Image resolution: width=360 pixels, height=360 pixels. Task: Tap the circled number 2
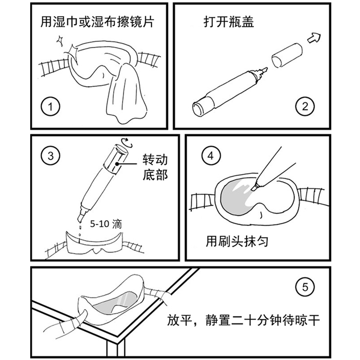point(305,107)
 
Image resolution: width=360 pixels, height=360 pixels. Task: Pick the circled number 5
point(306,287)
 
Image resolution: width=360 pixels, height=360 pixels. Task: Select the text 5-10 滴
point(104,223)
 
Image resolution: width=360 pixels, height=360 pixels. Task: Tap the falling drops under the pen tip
point(80,229)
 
